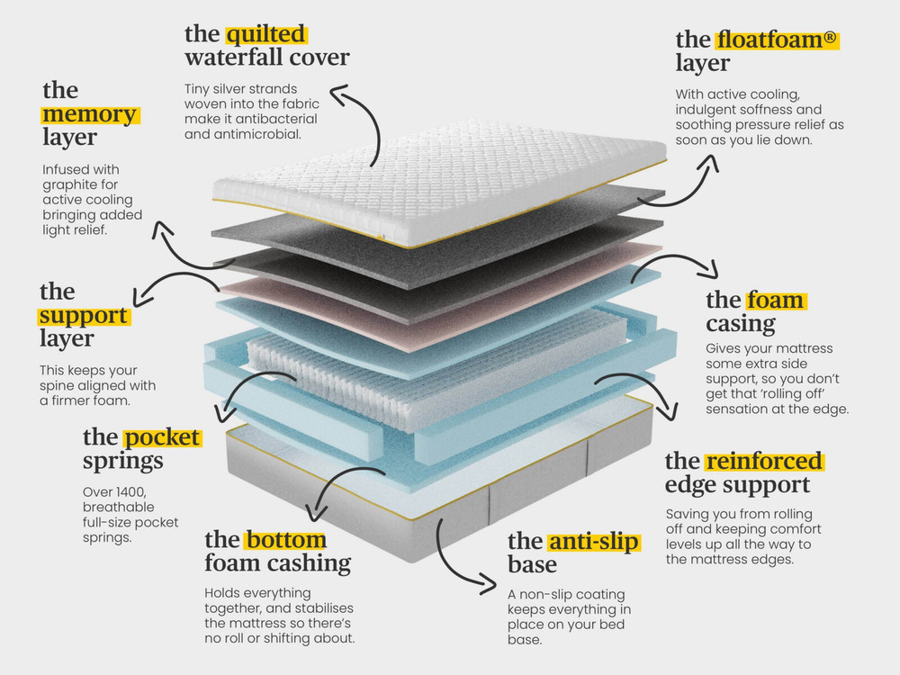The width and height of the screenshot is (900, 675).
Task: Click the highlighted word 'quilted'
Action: pyautogui.click(x=266, y=34)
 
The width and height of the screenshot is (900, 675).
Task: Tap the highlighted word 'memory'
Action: pyautogui.click(x=89, y=114)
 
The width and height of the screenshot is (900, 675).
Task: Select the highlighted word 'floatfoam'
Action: pyautogui.click(x=771, y=40)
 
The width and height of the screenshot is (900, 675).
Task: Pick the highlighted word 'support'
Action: pyautogui.click(x=84, y=316)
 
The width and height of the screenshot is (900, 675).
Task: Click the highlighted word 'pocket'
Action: pyautogui.click(x=162, y=437)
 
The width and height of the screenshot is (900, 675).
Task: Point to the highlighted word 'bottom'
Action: pyautogui.click(x=286, y=540)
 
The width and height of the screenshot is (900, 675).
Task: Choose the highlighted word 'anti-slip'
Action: pyautogui.click(x=593, y=541)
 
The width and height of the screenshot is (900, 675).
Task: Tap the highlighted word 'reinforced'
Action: pyautogui.click(x=764, y=462)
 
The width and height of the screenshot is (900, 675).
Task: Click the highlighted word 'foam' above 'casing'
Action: pyautogui.click(x=775, y=301)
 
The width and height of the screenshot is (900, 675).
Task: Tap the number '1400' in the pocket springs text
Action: pyautogui.click(x=130, y=492)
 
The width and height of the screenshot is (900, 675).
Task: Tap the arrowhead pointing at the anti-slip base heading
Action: pyautogui.click(x=488, y=584)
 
